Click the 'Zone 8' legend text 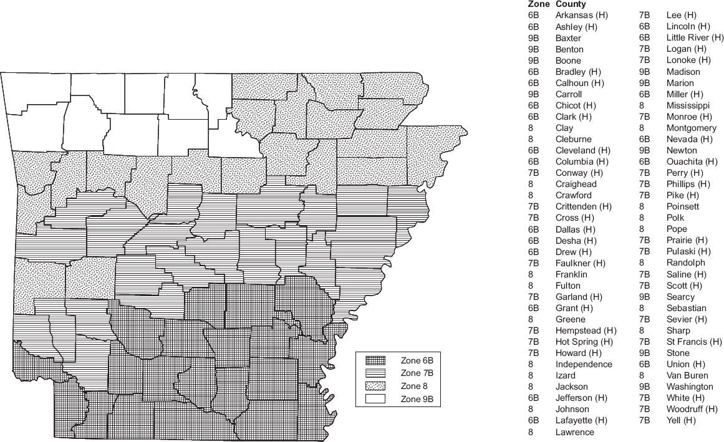click(415, 386)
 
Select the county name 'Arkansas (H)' click(581, 15)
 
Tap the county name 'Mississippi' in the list click(688, 105)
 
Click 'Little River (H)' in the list click(695, 37)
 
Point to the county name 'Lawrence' click(574, 431)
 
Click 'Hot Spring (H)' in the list click(584, 342)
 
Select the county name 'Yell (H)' click(681, 420)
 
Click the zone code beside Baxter click(533, 37)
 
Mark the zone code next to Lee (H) click(645, 15)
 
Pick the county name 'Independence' click(584, 364)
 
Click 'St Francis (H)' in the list click(694, 342)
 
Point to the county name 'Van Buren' click(687, 375)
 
